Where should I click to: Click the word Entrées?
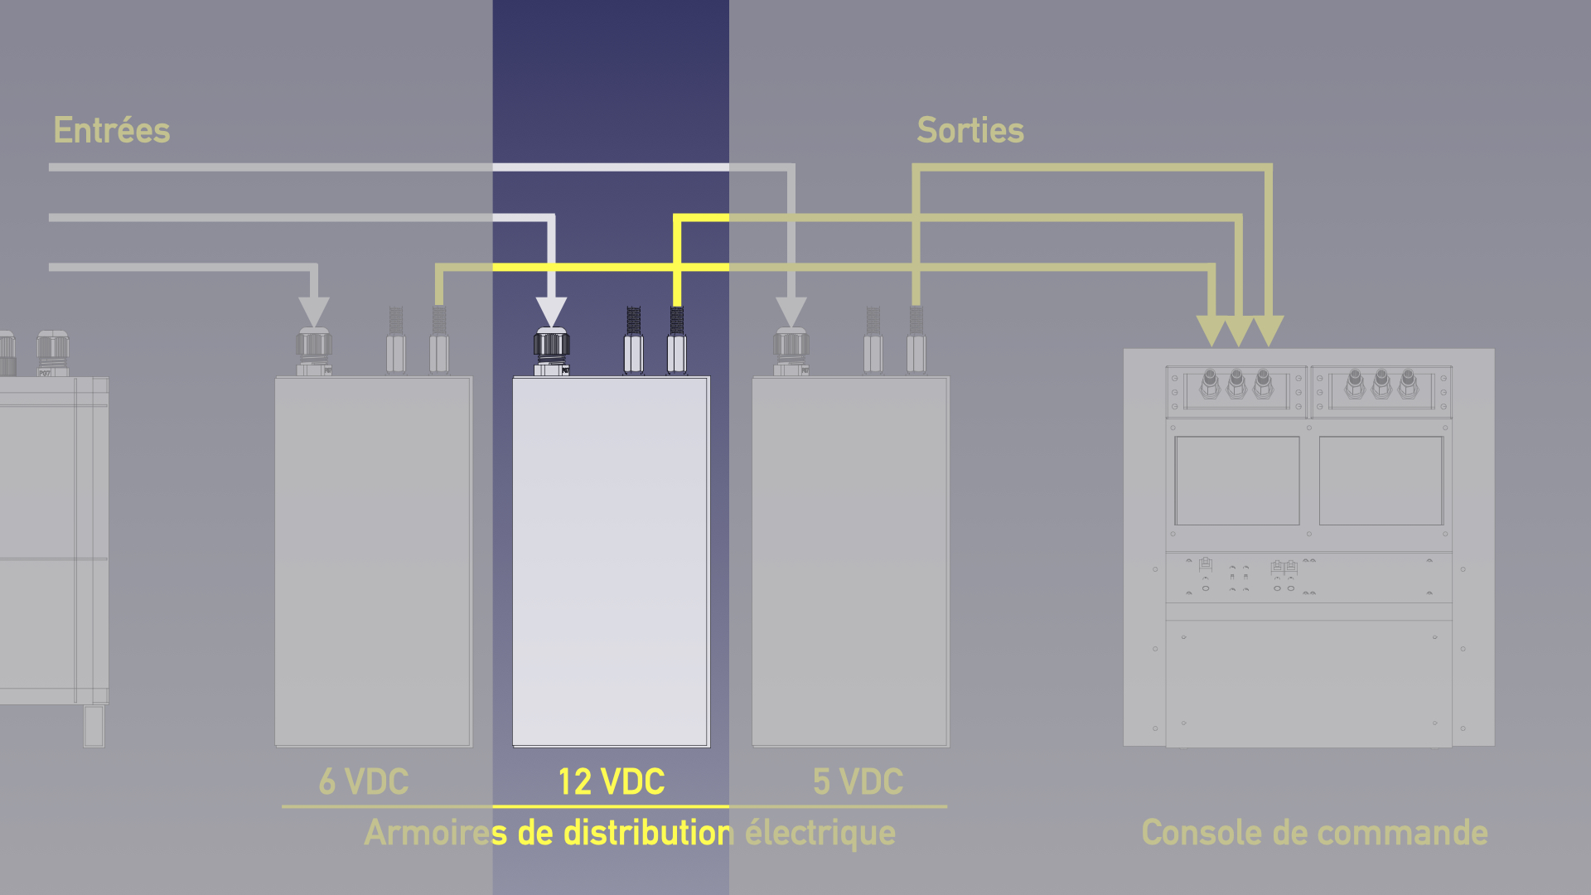click(x=112, y=131)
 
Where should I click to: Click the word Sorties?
click(x=970, y=131)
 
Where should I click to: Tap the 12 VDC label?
click(x=612, y=782)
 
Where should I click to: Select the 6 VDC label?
click(x=364, y=782)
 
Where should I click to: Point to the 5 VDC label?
click(x=858, y=782)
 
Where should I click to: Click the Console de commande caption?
click(x=1314, y=833)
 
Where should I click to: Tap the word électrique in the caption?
click(x=820, y=833)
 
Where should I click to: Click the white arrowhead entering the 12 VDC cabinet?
click(x=551, y=312)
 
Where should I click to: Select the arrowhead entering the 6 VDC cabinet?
click(x=314, y=312)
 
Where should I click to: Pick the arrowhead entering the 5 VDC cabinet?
click(x=791, y=312)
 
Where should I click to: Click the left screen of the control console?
click(x=1237, y=481)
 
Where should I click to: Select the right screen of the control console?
click(x=1381, y=481)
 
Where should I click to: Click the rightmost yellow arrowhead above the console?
click(x=1269, y=330)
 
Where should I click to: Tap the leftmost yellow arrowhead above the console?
click(x=1212, y=330)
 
